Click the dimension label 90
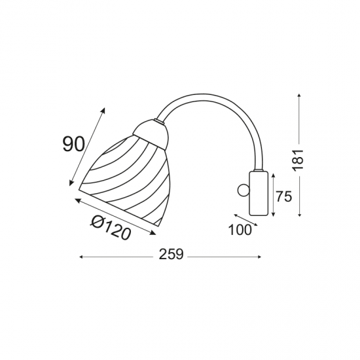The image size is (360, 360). coord(74,144)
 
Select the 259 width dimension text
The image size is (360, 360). coord(171,255)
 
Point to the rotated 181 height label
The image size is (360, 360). coord(298,160)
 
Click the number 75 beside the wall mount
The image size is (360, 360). coord(284,196)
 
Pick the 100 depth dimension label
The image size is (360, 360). coord(240,230)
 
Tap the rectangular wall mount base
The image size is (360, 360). coord(259,193)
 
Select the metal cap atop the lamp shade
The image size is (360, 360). coord(151,134)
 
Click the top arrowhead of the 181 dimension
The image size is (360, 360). coord(299,96)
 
